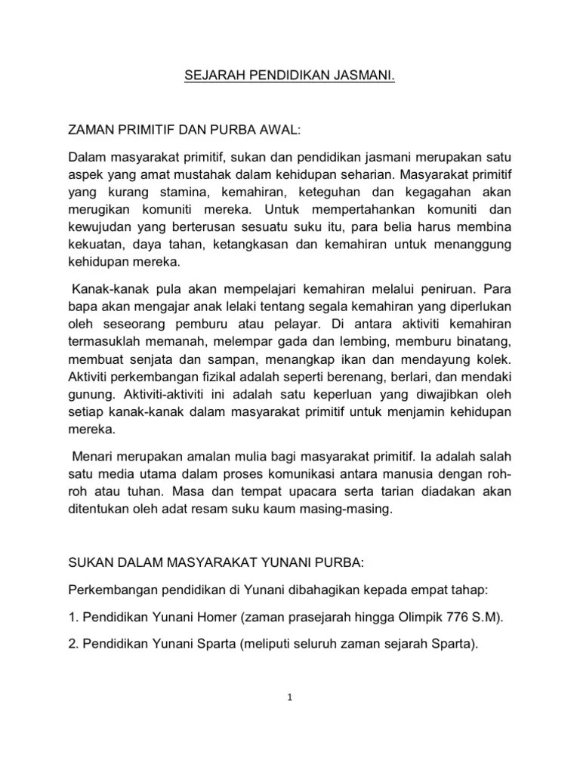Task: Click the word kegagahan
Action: pos(439,195)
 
